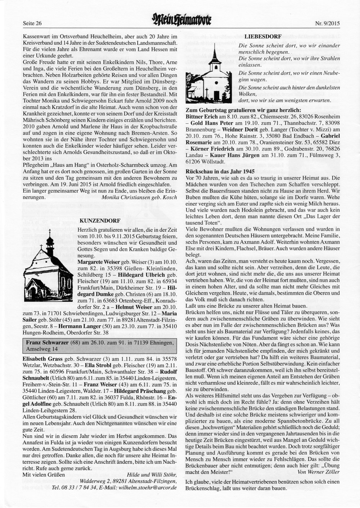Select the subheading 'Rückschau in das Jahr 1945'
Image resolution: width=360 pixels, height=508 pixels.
tap(220, 171)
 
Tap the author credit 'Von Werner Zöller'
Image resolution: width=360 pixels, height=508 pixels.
tap(319, 472)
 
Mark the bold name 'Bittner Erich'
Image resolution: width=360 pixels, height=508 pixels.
tap(202, 117)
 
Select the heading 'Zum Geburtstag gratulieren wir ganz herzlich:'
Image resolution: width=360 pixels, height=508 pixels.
tap(243, 110)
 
